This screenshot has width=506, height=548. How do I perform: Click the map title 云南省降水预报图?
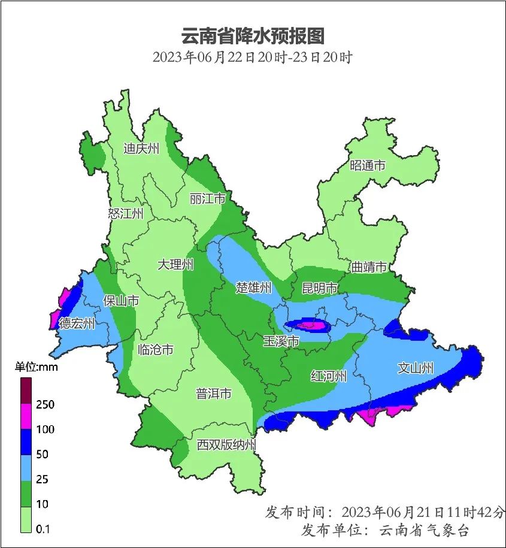pyautogui.click(x=253, y=37)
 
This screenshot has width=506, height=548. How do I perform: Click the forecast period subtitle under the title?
pyautogui.click(x=253, y=58)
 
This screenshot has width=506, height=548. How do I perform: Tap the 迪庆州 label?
pyautogui.click(x=141, y=149)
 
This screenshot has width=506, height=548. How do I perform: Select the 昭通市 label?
pyautogui.click(x=368, y=166)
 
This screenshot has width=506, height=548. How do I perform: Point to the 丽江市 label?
pyautogui.click(x=207, y=198)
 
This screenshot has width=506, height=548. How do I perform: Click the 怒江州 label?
pyautogui.click(x=126, y=214)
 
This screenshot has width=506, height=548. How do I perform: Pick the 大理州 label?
pyautogui.click(x=175, y=264)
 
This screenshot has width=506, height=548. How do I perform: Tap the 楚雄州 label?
pyautogui.click(x=254, y=288)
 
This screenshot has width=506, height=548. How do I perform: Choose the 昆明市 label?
pyautogui.click(x=320, y=289)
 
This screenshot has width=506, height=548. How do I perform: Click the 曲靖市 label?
pyautogui.click(x=369, y=267)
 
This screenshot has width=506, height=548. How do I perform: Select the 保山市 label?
pyautogui.click(x=121, y=301)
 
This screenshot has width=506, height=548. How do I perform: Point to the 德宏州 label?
pyautogui.click(x=77, y=324)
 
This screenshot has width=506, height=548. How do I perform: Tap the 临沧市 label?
pyautogui.click(x=155, y=349)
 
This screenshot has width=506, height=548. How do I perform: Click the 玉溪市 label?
pyautogui.click(x=281, y=341)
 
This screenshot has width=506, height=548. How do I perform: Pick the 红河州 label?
pyautogui.click(x=329, y=376)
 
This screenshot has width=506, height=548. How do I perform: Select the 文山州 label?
pyautogui.click(x=416, y=368)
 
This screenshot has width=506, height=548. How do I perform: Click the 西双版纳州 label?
pyautogui.click(x=227, y=445)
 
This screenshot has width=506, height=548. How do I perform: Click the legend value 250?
pyautogui.click(x=45, y=405)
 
